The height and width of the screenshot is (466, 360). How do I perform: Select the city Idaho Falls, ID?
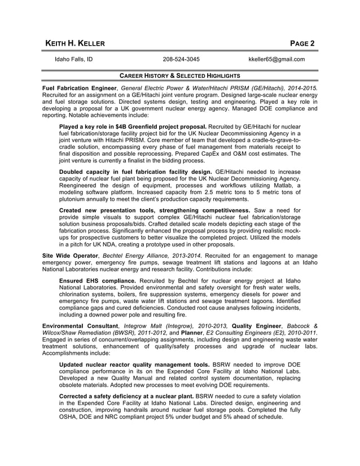(73, 59)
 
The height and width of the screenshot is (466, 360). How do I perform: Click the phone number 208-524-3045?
(181, 59)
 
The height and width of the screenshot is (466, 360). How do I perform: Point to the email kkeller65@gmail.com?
(276, 59)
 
